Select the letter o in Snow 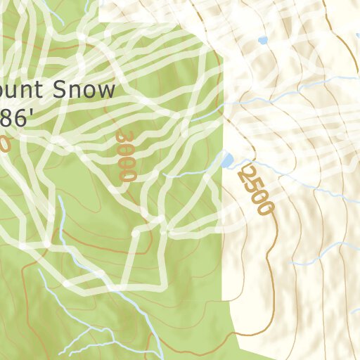[x=90, y=91]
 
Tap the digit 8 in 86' [x=8, y=117]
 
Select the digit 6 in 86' [x=21, y=117]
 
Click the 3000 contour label [x=125, y=155]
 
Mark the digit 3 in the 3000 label [x=125, y=136]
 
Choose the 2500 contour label [x=255, y=189]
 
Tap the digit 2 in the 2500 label [x=243, y=172]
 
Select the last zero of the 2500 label [x=265, y=207]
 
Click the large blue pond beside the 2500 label [x=228, y=160]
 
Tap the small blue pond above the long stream [x=263, y=41]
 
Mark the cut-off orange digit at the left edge [x=4, y=144]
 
